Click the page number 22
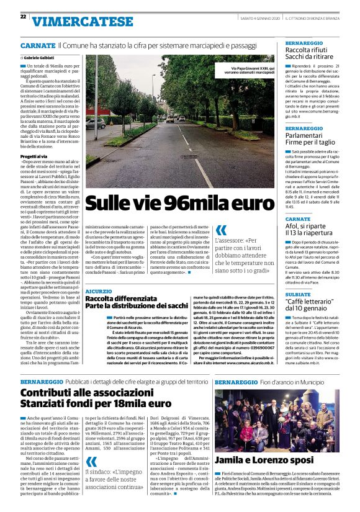(23, 17)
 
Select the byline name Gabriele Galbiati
(42, 57)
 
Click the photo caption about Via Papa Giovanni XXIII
(245, 69)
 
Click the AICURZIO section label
(99, 292)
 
